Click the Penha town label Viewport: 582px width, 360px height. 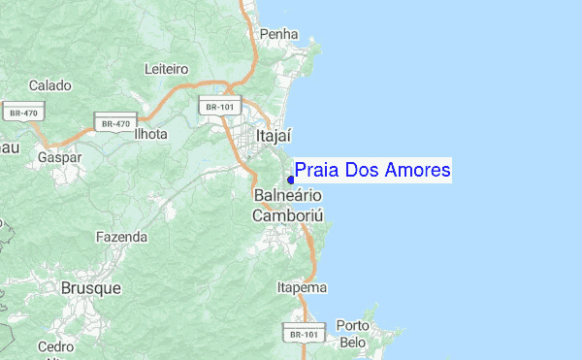(278, 34)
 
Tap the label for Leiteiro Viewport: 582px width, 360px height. (166, 69)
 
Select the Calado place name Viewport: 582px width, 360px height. (50, 85)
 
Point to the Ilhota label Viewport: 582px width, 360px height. (150, 134)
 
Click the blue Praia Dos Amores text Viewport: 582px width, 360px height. (372, 171)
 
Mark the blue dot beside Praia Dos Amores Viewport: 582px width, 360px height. (290, 179)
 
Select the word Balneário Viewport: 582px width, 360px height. (287, 196)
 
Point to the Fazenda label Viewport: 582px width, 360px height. (121, 237)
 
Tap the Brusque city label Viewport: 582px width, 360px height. (90, 288)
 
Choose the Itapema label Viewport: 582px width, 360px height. (302, 288)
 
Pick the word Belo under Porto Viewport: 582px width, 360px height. (353, 343)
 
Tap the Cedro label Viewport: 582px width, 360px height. (55, 346)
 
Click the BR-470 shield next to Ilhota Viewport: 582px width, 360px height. (112, 124)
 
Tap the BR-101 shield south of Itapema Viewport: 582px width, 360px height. (301, 334)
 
